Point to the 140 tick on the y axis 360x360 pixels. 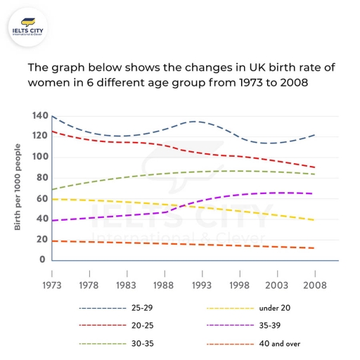point(40,115)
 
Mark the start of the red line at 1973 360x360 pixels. point(52,131)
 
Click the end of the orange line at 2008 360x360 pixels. point(314,248)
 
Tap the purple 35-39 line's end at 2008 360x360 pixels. point(314,193)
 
